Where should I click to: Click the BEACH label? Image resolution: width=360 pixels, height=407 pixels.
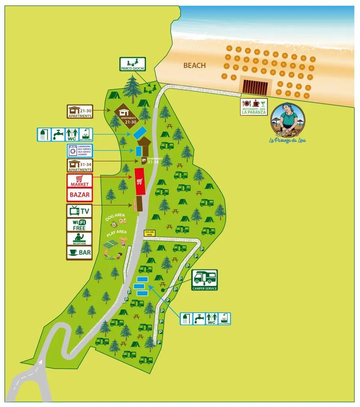(x=194, y=65)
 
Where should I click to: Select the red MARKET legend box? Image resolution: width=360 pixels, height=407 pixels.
(x=80, y=181)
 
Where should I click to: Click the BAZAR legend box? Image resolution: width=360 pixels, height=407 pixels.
(x=80, y=195)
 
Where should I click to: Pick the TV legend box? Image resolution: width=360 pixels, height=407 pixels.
(x=80, y=211)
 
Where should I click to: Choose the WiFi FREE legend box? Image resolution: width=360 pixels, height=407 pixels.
(x=80, y=225)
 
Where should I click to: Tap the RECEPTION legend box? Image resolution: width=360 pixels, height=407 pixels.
(x=80, y=239)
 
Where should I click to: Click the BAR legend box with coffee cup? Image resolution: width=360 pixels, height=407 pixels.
(x=80, y=253)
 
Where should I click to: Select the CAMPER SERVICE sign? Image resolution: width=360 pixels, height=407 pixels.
(x=204, y=279)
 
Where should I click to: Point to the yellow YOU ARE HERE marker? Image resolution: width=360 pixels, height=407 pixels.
(x=149, y=232)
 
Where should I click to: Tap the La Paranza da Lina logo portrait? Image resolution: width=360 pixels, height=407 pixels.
(x=288, y=119)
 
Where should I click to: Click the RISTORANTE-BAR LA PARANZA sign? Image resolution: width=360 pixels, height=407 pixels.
(x=254, y=107)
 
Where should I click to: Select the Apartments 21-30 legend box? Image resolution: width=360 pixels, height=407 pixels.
(x=80, y=112)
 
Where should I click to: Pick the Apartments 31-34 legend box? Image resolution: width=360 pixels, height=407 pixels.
(x=80, y=166)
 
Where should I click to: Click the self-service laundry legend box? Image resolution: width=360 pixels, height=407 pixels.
(x=80, y=151)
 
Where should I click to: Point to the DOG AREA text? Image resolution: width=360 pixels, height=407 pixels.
(x=115, y=217)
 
